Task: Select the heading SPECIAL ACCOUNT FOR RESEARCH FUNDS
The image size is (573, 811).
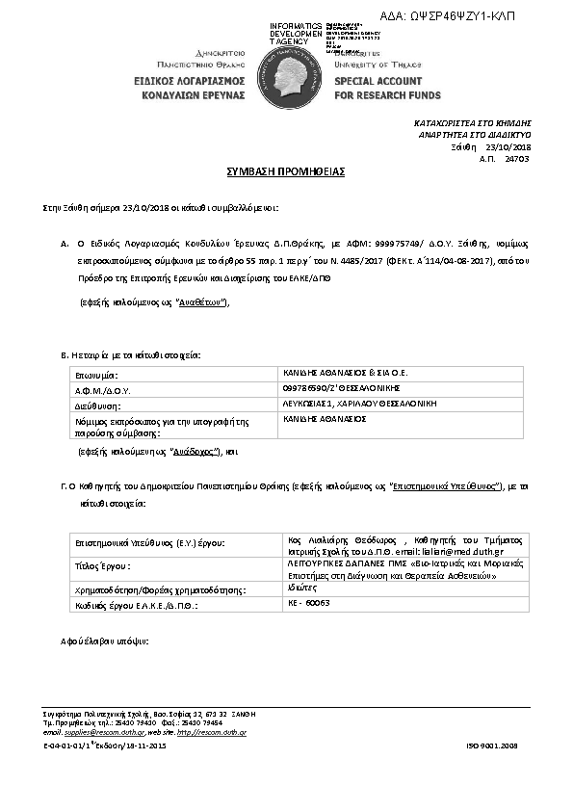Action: tap(387, 90)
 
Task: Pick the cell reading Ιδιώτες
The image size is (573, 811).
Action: tap(302, 587)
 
